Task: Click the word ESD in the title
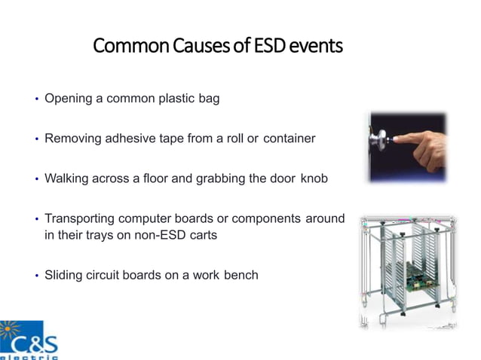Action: point(272,47)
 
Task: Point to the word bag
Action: point(207,99)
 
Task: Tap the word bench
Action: point(240,275)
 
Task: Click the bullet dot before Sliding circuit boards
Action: point(35,276)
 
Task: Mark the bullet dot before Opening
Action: point(35,99)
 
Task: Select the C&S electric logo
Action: point(29,340)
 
